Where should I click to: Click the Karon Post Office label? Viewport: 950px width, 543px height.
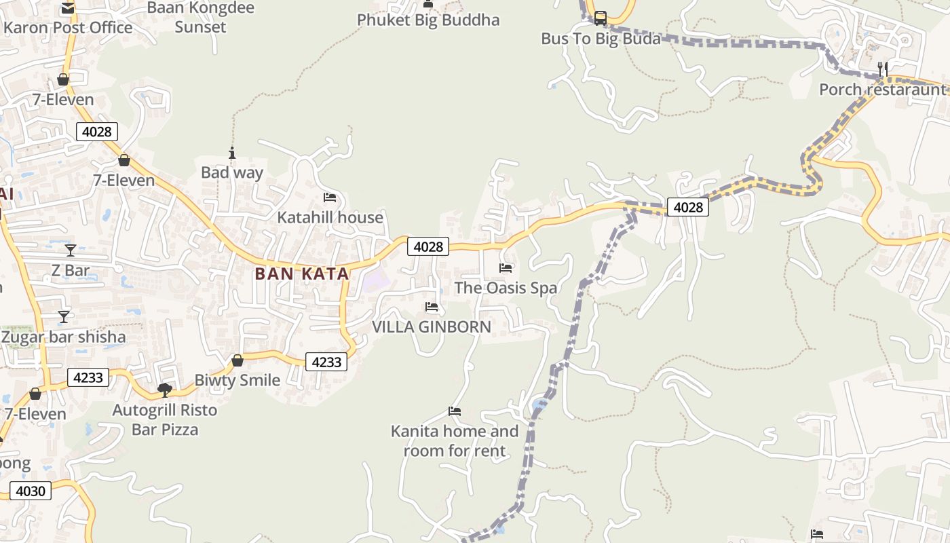click(68, 28)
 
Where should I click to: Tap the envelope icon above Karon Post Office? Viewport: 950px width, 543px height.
click(68, 8)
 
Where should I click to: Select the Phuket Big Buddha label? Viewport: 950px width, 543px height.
click(428, 20)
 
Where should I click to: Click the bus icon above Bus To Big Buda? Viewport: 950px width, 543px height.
click(601, 18)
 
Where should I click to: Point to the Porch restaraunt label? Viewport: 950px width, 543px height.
click(882, 90)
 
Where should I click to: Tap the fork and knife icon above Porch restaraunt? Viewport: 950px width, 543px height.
click(883, 69)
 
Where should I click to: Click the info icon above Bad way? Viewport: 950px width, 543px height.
click(232, 153)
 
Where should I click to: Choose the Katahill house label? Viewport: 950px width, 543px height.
click(330, 217)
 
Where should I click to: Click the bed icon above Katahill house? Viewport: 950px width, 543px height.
click(330, 198)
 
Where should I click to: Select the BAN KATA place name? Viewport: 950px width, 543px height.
click(302, 274)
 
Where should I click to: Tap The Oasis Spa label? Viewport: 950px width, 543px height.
click(506, 288)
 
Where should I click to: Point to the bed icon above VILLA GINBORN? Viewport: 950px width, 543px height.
click(432, 307)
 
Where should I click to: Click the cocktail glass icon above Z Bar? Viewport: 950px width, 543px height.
click(71, 250)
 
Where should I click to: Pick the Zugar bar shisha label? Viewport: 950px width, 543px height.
click(64, 337)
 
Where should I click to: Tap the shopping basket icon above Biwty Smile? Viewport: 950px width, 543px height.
click(237, 360)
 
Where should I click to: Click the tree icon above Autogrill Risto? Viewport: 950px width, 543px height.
click(164, 390)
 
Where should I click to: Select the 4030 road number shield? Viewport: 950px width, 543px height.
click(31, 491)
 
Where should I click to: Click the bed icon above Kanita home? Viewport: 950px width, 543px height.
click(455, 411)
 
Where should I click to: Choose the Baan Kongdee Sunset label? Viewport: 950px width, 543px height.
click(200, 18)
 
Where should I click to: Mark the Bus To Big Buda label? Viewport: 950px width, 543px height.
click(601, 39)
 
